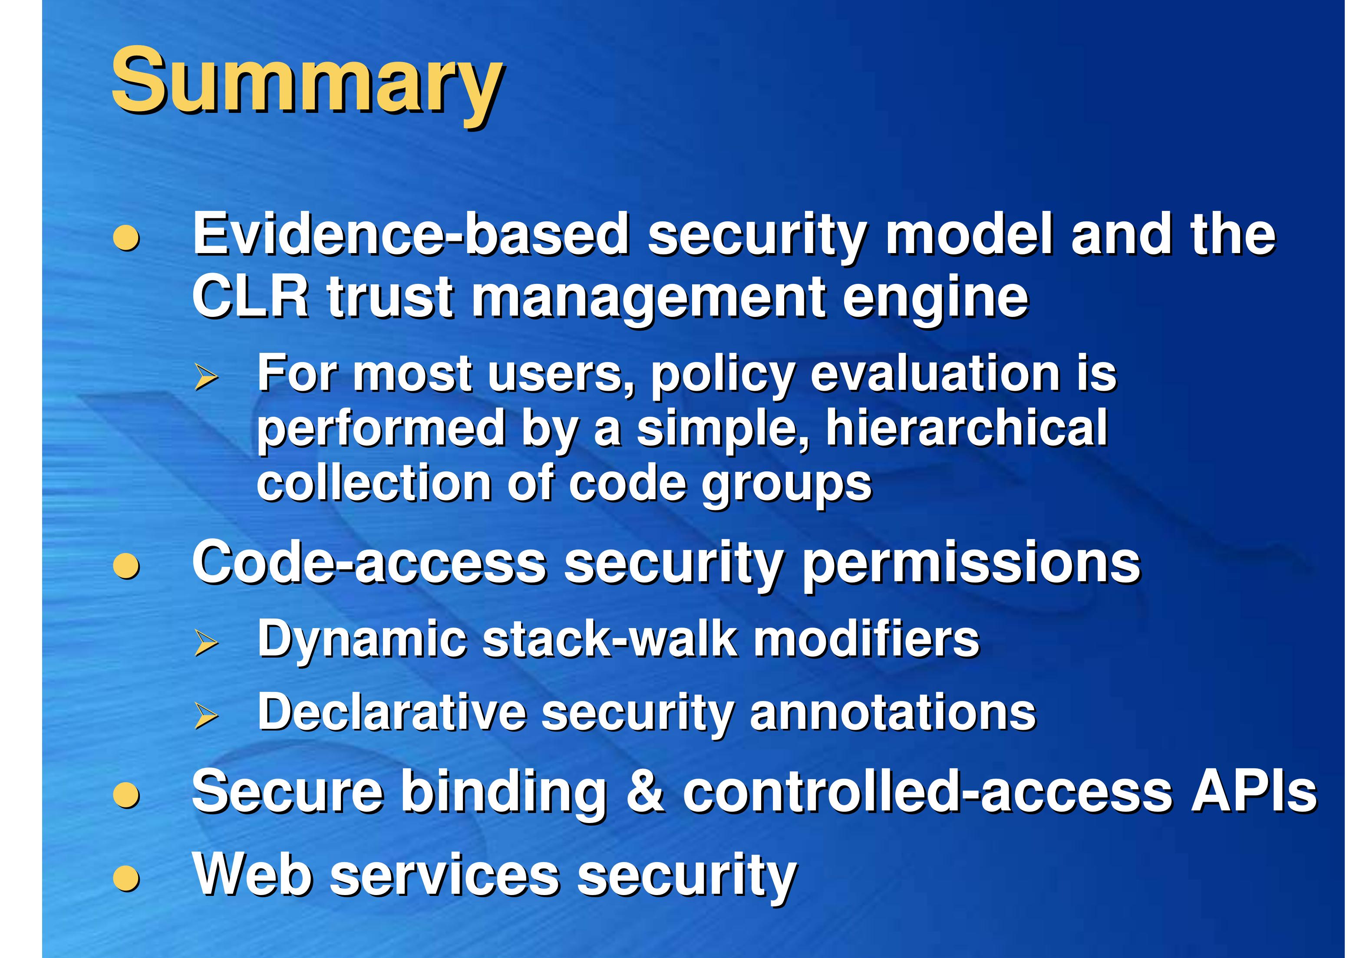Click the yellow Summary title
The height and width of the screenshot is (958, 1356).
(307, 82)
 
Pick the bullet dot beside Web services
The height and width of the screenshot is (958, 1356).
(126, 878)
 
